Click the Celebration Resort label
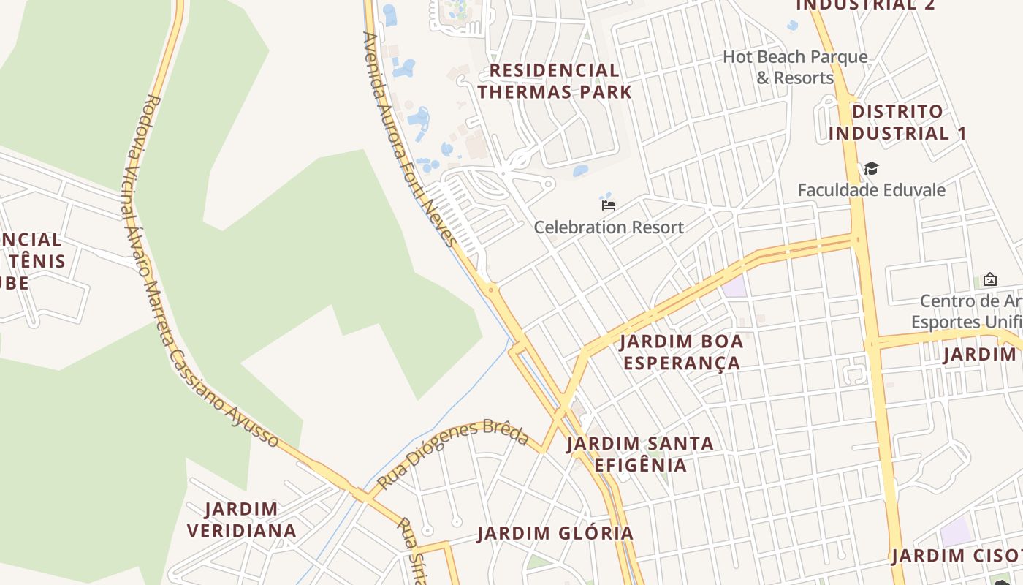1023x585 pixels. coord(609,227)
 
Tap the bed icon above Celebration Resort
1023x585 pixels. coord(608,205)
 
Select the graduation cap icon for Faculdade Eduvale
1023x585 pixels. coord(871,169)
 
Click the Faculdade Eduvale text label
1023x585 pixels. coord(871,190)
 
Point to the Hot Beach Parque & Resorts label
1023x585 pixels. coord(795,67)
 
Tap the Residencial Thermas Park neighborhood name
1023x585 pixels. coord(555,81)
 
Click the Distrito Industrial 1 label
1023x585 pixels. coord(897,123)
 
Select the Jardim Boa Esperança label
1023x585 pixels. coord(681,352)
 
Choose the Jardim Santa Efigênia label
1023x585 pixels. coord(640,454)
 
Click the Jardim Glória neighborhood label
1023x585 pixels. coord(555,534)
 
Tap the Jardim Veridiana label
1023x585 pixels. coord(241,520)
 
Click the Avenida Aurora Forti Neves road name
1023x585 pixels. coord(409,139)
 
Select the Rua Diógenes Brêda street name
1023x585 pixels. coord(453,454)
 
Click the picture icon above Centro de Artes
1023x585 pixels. coord(989,279)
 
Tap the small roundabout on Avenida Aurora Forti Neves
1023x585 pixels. coord(491,290)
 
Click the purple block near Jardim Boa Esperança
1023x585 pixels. coord(734,286)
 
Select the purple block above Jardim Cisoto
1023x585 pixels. coord(956,532)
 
